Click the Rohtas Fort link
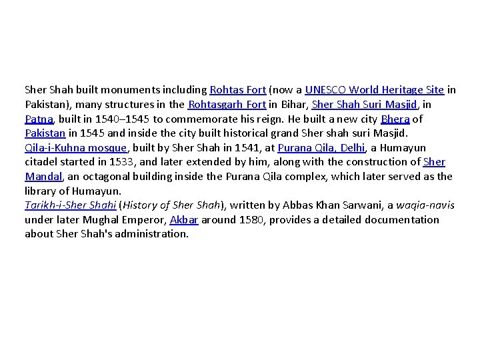238,89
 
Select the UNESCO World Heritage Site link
375,89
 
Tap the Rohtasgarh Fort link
228,104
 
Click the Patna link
39,119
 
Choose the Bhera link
395,119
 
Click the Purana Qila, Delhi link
316,147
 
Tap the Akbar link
184,219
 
